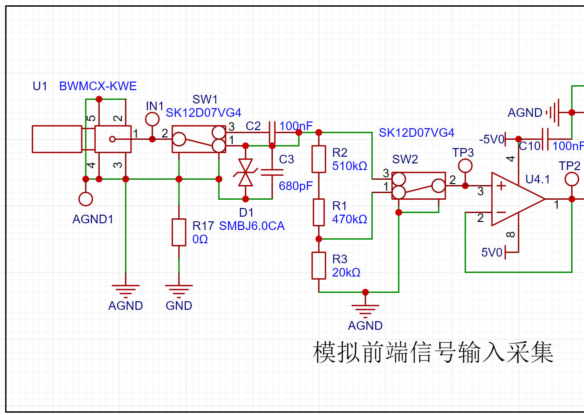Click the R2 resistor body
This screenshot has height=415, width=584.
coord(319,159)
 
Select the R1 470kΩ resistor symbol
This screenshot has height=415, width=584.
coord(319,212)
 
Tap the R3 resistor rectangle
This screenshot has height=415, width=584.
coord(319,266)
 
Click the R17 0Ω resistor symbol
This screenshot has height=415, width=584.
coord(179,232)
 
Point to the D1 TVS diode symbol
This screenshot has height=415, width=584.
coord(245,172)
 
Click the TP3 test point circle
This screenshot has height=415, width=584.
coord(465,166)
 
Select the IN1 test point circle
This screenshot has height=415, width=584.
coord(152,119)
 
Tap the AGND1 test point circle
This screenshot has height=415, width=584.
coord(86,199)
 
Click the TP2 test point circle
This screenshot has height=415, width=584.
coord(572,179)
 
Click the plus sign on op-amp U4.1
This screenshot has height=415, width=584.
coord(501,186)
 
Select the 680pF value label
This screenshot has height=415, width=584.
coord(296,186)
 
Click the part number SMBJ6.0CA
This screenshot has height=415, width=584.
coord(252,226)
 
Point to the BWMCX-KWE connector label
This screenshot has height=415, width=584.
coord(98,86)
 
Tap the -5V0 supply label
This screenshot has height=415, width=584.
coord(491,139)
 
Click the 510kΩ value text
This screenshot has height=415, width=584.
coord(350,166)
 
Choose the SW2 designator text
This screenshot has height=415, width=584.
coord(405,159)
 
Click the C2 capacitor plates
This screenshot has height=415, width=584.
coord(272,132)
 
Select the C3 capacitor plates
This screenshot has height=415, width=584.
coord(272,172)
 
